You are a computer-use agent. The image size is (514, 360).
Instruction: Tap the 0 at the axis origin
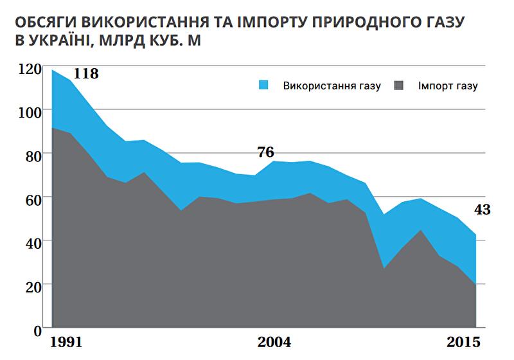coord(38,328)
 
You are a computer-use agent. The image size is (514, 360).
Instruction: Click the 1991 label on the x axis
coord(66,341)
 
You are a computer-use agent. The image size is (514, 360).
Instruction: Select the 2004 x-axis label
coord(274,341)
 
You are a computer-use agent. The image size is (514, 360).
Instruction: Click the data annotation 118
coord(86,73)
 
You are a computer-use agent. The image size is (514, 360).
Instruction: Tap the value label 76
coord(265,152)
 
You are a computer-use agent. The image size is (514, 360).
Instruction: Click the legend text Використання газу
coord(332,86)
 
